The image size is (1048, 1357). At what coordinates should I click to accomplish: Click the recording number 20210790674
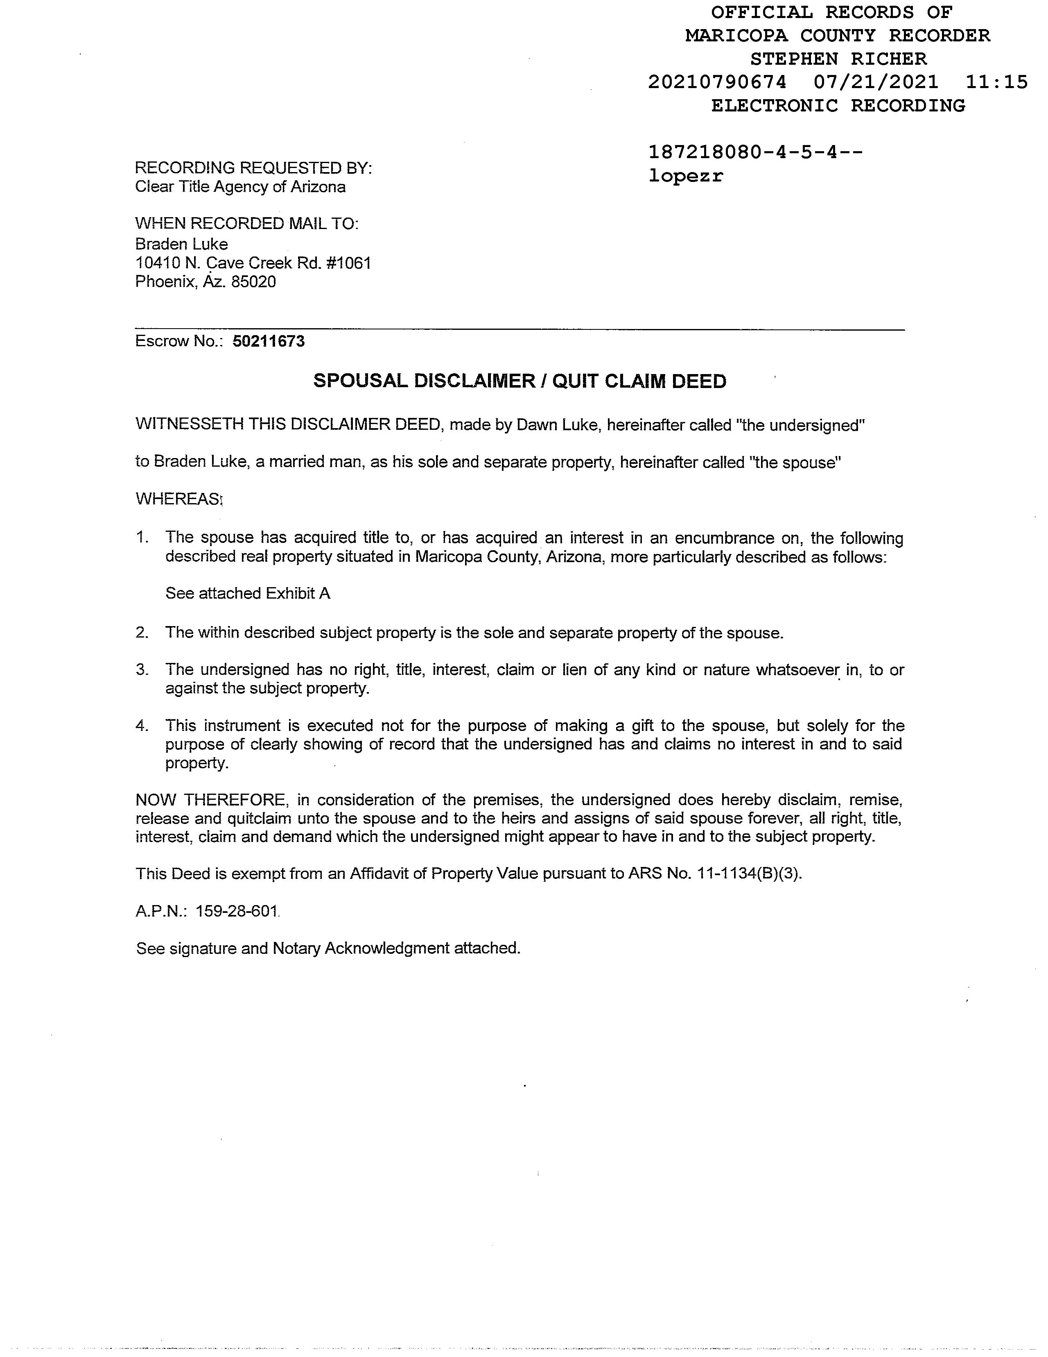pos(717,82)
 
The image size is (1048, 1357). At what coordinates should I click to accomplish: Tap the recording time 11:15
pos(997,82)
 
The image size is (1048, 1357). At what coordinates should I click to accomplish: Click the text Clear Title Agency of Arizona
pos(240,187)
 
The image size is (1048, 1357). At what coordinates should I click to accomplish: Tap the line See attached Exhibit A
pos(248,593)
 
